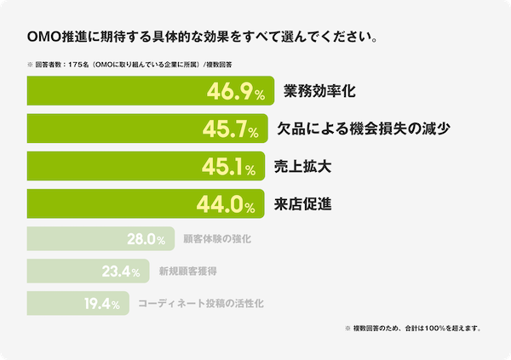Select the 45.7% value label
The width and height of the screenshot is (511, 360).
pyautogui.click(x=230, y=129)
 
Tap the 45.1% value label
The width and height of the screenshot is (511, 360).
pyautogui.click(x=228, y=168)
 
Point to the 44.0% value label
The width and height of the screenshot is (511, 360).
pyautogui.click(x=228, y=205)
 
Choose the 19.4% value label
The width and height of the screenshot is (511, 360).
pyautogui.click(x=101, y=304)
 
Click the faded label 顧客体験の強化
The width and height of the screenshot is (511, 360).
pyautogui.click(x=217, y=240)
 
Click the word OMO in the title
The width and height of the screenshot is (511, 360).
pyautogui.click(x=43, y=37)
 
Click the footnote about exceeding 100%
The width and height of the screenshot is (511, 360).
pyautogui.click(x=412, y=328)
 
